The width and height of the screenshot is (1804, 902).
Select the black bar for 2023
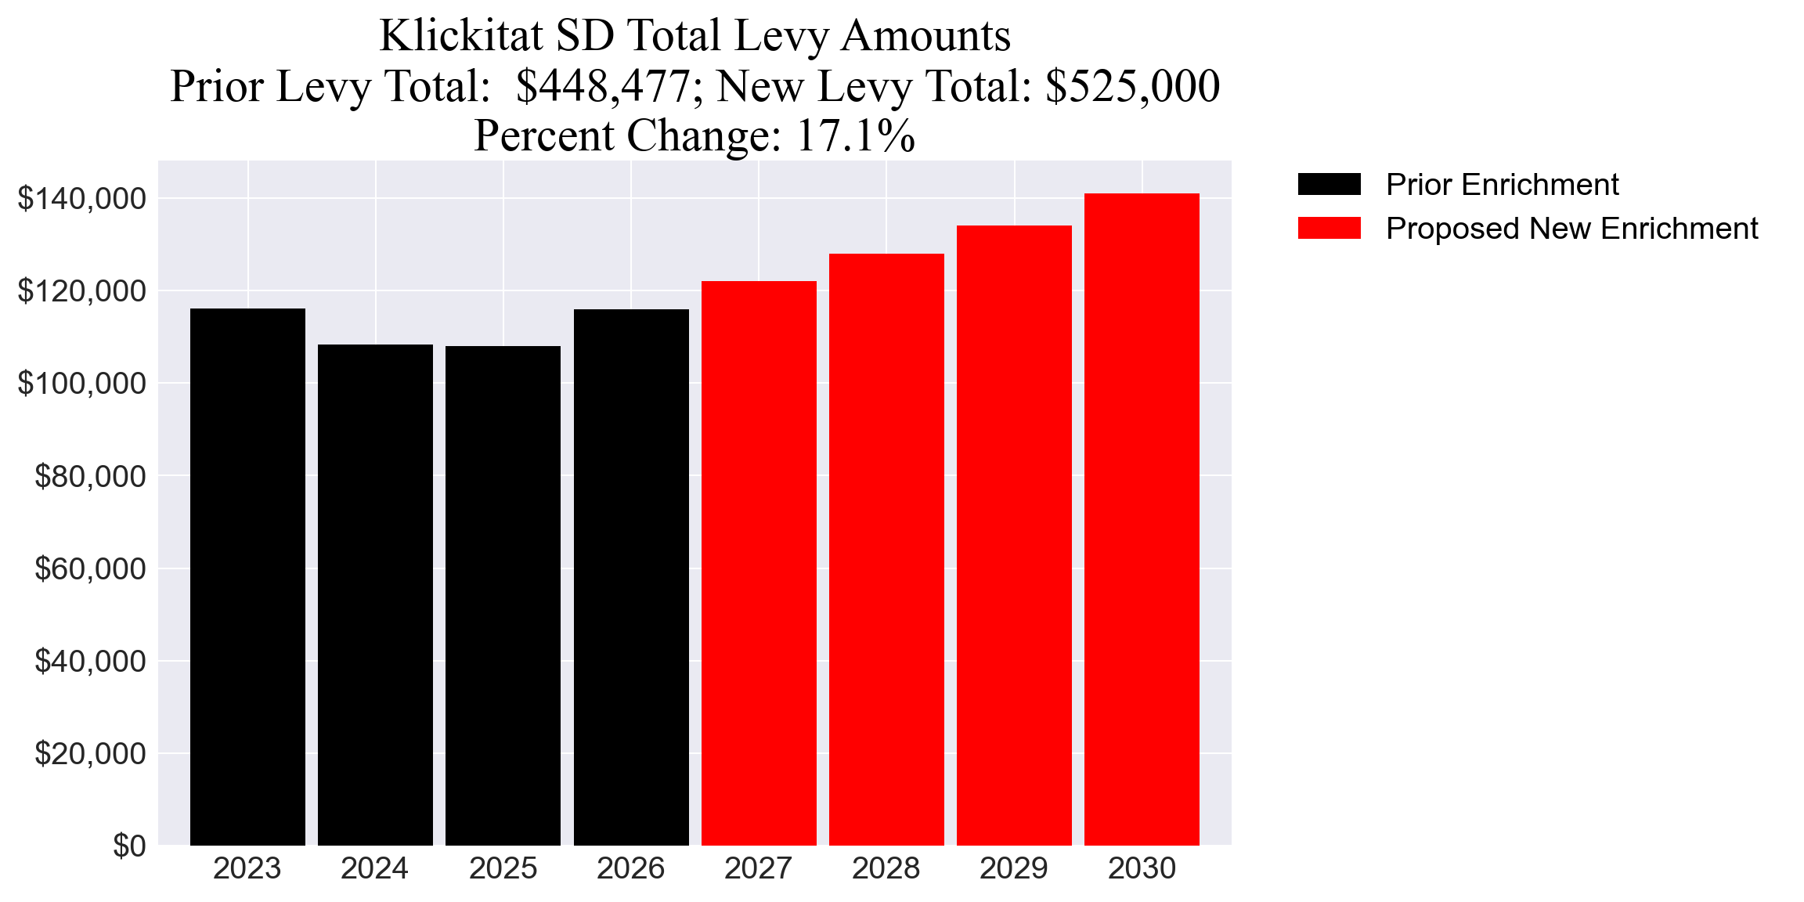(247, 577)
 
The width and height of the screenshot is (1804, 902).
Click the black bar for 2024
(375, 595)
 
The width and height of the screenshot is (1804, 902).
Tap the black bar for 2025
(503, 596)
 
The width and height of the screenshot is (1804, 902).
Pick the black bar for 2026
(631, 577)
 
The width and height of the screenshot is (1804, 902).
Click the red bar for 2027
(759, 563)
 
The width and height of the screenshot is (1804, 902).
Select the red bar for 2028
(886, 550)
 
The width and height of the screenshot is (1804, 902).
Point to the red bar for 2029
(1014, 536)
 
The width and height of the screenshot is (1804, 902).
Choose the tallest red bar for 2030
(1142, 519)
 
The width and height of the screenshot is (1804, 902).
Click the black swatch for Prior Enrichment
(1329, 185)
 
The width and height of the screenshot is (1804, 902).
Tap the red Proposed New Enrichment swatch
(1329, 229)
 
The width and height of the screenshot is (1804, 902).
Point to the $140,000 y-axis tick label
(81, 199)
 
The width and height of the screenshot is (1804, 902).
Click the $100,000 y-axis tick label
(81, 384)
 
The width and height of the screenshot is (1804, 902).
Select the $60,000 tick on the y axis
(90, 569)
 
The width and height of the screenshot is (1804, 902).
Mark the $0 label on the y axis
(129, 846)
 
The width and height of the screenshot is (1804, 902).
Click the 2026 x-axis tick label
(630, 869)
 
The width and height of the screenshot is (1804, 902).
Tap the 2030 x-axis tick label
(1142, 869)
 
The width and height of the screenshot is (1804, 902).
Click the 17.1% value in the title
(855, 135)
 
